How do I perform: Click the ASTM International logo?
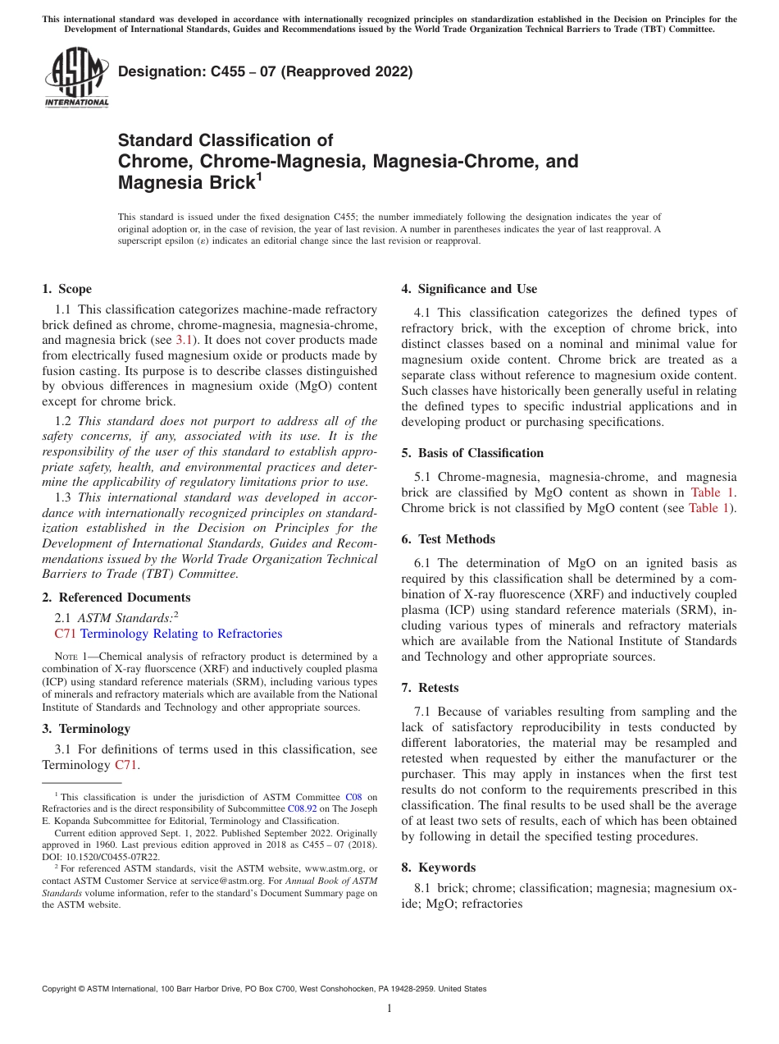[x=76, y=77]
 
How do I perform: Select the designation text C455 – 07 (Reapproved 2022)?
[x=265, y=71]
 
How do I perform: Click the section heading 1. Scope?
[x=67, y=289]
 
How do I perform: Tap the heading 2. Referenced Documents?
[x=116, y=598]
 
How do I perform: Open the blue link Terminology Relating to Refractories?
[x=181, y=634]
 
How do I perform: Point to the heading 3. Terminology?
[x=86, y=729]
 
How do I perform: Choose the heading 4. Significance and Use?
[x=469, y=289]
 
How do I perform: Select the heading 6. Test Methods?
[x=449, y=539]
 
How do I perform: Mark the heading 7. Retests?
[x=430, y=688]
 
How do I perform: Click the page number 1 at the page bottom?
[x=389, y=1009]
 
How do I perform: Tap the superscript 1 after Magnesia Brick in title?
[x=261, y=177]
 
